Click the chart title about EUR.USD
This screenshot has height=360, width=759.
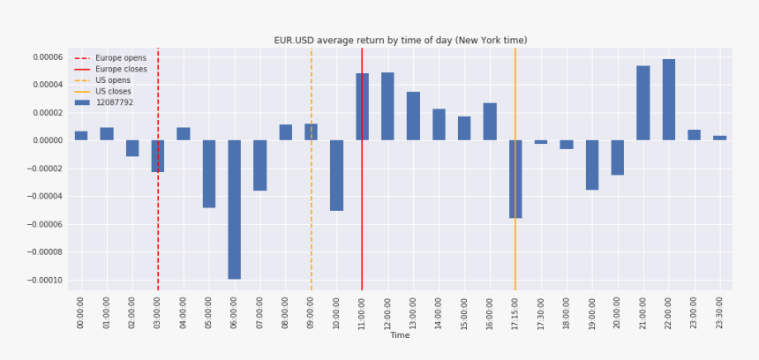click(x=400, y=41)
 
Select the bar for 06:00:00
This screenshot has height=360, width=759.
click(x=235, y=209)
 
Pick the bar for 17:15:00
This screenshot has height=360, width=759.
click(x=515, y=179)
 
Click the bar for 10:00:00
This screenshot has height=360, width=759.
click(x=336, y=175)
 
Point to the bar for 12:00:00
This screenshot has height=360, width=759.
click(x=387, y=106)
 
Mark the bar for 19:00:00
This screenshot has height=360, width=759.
click(x=592, y=165)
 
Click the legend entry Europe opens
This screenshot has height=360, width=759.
click(x=120, y=58)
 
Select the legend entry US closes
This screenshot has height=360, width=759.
click(x=113, y=92)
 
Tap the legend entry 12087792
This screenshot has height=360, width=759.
click(x=114, y=102)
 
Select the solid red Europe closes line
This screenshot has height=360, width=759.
click(x=362, y=221)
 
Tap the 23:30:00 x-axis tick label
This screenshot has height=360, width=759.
click(x=720, y=312)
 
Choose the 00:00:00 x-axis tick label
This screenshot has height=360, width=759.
click(x=81, y=312)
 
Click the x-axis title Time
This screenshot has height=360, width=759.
click(x=400, y=335)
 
